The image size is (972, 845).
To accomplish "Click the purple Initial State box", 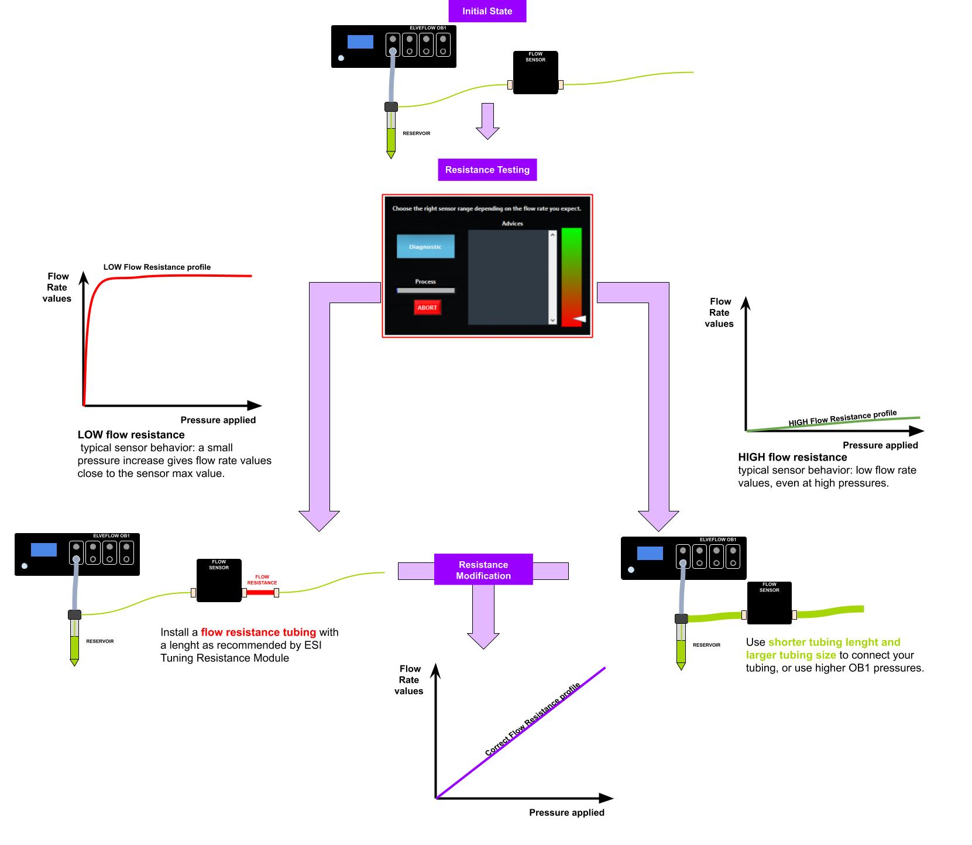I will [x=487, y=11].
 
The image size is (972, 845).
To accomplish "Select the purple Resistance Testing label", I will [x=487, y=170].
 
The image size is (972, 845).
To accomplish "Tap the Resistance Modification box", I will [x=483, y=570].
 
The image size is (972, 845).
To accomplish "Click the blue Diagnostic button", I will [x=425, y=247].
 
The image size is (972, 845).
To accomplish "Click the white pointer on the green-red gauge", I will [x=579, y=318].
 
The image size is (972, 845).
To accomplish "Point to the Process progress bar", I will [x=425, y=290].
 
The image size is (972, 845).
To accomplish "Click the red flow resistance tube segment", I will [x=260, y=593].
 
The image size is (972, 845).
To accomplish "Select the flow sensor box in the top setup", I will [x=535, y=73].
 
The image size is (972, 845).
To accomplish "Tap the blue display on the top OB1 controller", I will [x=360, y=42].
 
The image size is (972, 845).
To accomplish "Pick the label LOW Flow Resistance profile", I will [x=157, y=267].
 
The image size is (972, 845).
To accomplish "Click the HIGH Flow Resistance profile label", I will [x=842, y=418].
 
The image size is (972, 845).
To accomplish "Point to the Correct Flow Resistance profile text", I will [x=533, y=719].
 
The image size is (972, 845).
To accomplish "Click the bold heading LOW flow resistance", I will [x=131, y=435].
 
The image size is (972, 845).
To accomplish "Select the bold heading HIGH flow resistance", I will [x=792, y=457].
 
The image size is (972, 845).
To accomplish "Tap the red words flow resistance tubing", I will [x=258, y=632].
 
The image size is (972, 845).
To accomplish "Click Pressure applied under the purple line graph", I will [x=566, y=812].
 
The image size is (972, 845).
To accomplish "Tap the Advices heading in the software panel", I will [x=512, y=224].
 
